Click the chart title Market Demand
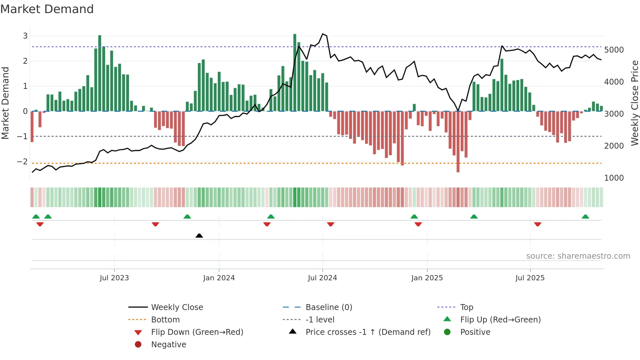(x=47, y=9)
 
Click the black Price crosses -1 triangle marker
(x=199, y=236)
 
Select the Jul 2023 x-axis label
(x=114, y=278)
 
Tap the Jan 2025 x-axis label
(x=427, y=278)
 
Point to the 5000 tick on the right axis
(x=614, y=50)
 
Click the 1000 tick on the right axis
(x=614, y=178)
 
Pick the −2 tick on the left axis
(x=22, y=162)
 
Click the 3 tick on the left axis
(x=25, y=36)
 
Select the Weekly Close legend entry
(x=177, y=307)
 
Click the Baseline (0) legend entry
(x=328, y=307)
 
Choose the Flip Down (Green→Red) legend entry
(x=197, y=332)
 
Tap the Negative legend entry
(x=168, y=344)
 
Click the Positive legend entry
(x=475, y=332)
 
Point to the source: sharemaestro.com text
(x=578, y=256)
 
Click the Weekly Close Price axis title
(x=634, y=103)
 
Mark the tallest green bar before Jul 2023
(x=100, y=73)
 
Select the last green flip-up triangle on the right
(x=585, y=217)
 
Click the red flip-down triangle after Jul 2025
(x=537, y=224)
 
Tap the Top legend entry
(x=466, y=307)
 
